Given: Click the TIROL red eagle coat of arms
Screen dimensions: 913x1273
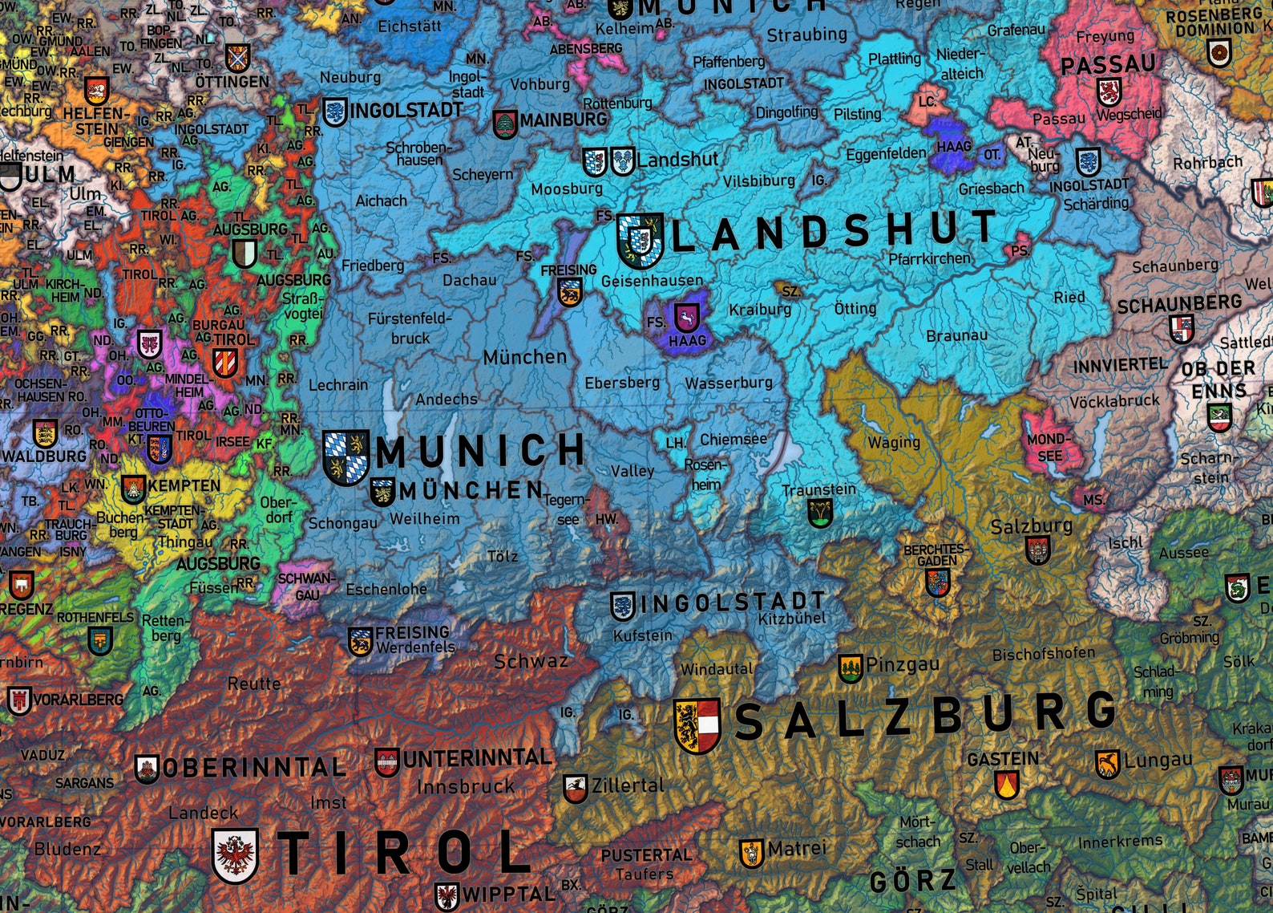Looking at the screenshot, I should pos(235,855).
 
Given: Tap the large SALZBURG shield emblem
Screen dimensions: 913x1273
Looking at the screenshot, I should pos(697,725).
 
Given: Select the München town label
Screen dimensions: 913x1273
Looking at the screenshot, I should pos(524,356).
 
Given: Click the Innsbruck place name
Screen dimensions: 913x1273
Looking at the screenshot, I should pos(466,786).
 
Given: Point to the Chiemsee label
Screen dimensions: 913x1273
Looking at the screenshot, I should pos(733,440).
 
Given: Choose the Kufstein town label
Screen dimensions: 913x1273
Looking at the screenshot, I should pos(643,635).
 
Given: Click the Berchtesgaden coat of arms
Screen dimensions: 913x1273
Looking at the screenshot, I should pos(937,582).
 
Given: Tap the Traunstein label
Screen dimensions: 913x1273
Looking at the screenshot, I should pos(818,489).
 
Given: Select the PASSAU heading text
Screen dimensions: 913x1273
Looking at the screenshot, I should pos(1108,64).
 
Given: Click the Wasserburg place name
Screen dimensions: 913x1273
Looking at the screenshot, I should pos(729,383).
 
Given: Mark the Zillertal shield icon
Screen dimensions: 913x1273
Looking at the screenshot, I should pos(575,788).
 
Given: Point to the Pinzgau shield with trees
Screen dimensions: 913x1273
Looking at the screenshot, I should pos(850,668).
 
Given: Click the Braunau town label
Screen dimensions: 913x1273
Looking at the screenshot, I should pos(956,335).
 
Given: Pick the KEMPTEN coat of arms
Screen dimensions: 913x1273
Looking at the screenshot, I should pos(133,488).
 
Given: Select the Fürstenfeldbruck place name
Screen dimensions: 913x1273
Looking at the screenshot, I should pos(410,328).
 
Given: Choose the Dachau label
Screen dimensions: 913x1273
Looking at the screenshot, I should pos(470,280).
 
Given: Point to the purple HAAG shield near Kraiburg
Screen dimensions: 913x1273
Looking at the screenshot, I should pos(686,318).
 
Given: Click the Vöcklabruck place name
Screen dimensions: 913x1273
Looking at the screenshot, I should pos(1116,400).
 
